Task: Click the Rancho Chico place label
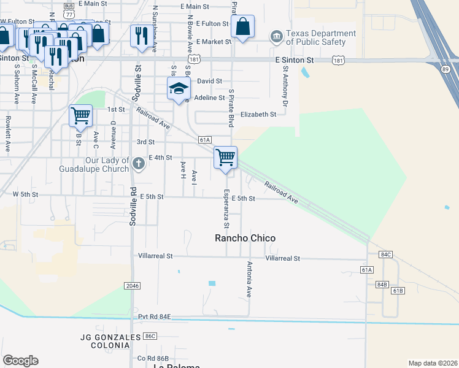point(244,238)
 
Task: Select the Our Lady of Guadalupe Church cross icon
point(139,163)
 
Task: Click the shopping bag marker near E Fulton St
point(243,27)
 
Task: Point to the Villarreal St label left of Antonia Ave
point(156,255)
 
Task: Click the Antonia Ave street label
point(250,280)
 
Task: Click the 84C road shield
point(385,254)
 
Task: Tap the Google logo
point(20,361)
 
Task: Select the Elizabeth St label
point(258,115)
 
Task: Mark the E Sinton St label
point(295,60)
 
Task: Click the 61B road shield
point(397,290)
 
